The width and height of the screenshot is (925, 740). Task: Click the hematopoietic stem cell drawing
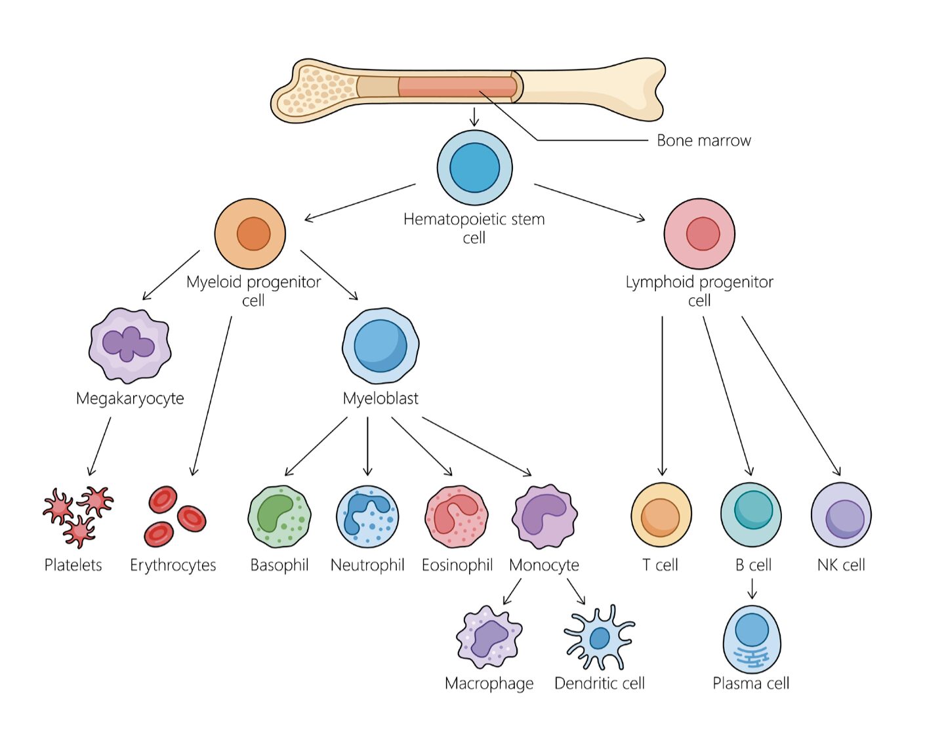pyautogui.click(x=474, y=167)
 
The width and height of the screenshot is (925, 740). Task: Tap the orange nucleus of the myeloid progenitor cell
pyautogui.click(x=253, y=234)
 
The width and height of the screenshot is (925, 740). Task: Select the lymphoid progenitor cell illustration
pyautogui.click(x=699, y=234)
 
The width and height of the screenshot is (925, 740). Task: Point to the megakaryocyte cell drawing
pyautogui.click(x=130, y=345)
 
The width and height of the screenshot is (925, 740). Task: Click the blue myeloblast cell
pyautogui.click(x=380, y=346)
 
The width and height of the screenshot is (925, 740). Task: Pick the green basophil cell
pyautogui.click(x=279, y=516)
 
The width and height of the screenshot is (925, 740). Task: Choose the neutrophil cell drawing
pyautogui.click(x=367, y=516)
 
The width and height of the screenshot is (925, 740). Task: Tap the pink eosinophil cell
pyautogui.click(x=457, y=516)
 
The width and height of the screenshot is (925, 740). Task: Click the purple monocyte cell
pyautogui.click(x=545, y=516)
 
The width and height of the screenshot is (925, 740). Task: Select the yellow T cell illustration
pyautogui.click(x=661, y=516)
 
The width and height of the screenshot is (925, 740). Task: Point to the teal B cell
pyautogui.click(x=751, y=514)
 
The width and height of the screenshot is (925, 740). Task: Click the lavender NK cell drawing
pyautogui.click(x=841, y=515)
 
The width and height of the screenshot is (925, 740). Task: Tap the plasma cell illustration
pyautogui.click(x=752, y=638)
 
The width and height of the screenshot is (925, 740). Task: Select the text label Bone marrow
pyautogui.click(x=704, y=140)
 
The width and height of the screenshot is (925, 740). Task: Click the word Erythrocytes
pyautogui.click(x=173, y=565)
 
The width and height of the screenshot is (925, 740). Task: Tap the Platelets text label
pyautogui.click(x=73, y=565)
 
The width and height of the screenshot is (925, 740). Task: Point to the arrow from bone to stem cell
pyautogui.click(x=474, y=117)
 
